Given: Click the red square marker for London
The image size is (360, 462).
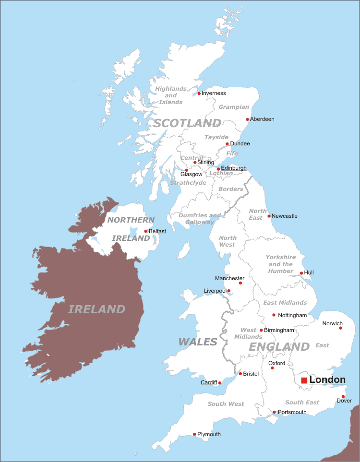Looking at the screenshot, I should tap(304, 380).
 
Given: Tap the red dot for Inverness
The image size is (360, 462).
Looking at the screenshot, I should tap(199, 93).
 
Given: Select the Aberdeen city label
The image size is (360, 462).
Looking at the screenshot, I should tap(262, 119).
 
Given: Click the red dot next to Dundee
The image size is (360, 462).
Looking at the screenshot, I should tap(227, 143).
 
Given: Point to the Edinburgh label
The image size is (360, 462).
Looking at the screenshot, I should tap(234, 168).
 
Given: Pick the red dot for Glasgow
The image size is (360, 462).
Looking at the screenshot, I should tap(187, 170).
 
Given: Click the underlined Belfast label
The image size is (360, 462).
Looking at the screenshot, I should tap(157, 231).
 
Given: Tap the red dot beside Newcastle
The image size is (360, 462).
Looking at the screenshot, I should tap(269, 216).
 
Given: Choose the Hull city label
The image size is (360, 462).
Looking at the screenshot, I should tap(309, 272).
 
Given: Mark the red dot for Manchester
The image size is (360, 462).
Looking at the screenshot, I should tap(240, 283).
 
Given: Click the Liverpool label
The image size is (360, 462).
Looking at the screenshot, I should tap(215, 291).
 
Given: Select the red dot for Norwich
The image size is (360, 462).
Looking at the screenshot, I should tap(341, 328).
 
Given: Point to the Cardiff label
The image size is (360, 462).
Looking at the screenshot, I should tap(209, 382).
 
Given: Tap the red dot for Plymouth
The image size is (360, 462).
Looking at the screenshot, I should tap(194, 434).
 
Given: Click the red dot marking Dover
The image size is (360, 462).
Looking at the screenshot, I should tap(343, 396).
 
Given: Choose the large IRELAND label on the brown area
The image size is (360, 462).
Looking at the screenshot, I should tap(96, 309).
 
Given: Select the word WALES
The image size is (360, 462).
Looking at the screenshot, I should tap(198, 342).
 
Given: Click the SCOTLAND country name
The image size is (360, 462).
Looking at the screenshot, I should tap(187, 123).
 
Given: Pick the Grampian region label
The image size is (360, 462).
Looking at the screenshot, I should tap(234, 107).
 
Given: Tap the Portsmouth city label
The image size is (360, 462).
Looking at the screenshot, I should tap(292, 412).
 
